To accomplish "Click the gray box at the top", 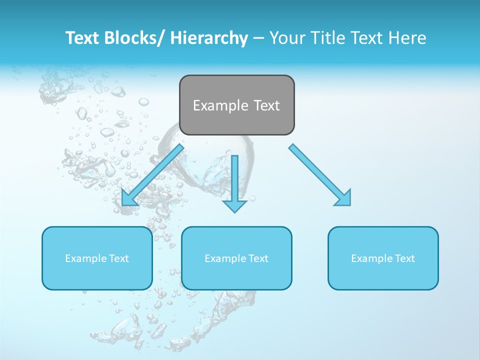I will pyautogui.click(x=236, y=105).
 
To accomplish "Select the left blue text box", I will pyautogui.click(x=97, y=258).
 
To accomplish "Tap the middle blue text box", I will pyautogui.click(x=236, y=258).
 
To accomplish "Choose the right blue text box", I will pyautogui.click(x=383, y=258).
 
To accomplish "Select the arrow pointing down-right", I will pyautogui.click(x=320, y=175).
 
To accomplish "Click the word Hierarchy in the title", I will pyautogui.click(x=209, y=38).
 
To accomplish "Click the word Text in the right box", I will pyautogui.click(x=405, y=258).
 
